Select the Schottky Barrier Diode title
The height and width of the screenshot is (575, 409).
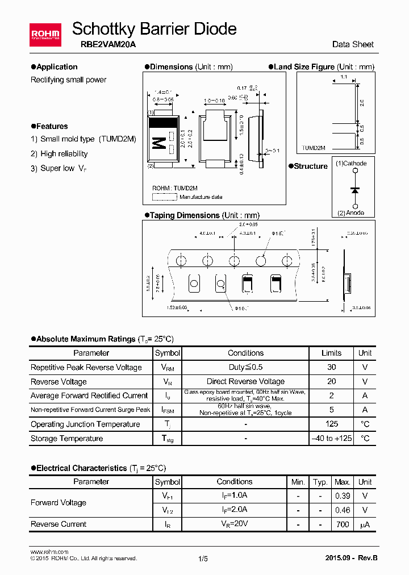tap(154, 28)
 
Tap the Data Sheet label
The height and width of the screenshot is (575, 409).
tap(353, 44)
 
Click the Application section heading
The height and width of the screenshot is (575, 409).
tap(56, 67)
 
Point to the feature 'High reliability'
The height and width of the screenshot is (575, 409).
tap(64, 154)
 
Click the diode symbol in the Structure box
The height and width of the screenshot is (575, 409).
tap(355, 190)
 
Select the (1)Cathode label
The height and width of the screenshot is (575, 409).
tap(351, 164)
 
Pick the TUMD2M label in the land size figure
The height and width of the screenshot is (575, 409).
tap(314, 148)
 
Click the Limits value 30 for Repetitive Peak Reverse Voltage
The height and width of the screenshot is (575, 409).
tap(332, 368)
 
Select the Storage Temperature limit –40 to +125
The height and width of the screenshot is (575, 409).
tap(332, 439)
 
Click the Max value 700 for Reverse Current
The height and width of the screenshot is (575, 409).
tap(343, 524)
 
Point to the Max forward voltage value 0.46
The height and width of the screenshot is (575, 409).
tap(343, 510)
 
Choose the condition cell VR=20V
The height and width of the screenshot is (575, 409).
tap(234, 524)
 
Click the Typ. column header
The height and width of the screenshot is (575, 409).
tap(320, 482)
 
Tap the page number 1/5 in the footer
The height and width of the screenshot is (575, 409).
tap(203, 559)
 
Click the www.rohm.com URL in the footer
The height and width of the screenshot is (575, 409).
tap(49, 552)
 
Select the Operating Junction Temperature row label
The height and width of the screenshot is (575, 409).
tap(85, 424)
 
